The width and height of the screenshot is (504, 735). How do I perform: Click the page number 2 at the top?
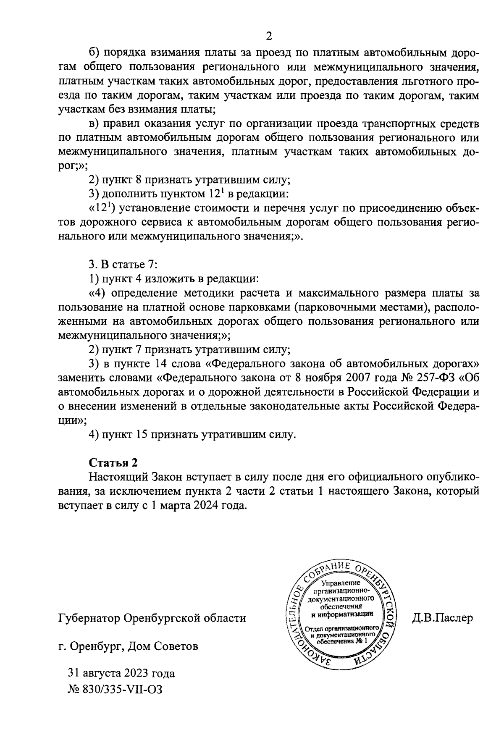point(269,37)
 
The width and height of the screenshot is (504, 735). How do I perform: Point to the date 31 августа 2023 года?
point(121,673)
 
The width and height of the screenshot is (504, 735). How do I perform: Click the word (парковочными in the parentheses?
point(332,307)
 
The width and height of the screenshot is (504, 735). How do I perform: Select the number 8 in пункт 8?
point(139,180)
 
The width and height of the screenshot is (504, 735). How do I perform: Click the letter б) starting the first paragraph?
point(94,53)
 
